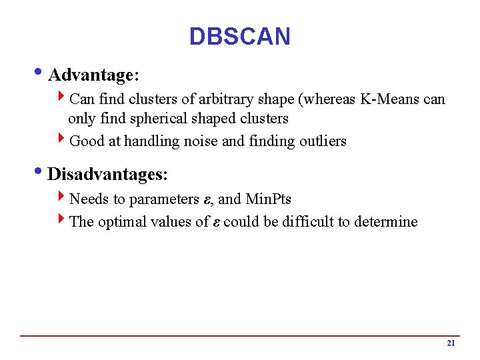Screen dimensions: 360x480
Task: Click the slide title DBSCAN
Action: (x=240, y=36)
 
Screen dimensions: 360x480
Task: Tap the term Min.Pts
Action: (x=268, y=199)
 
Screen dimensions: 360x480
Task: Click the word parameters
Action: (x=164, y=199)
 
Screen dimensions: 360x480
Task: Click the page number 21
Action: (x=451, y=343)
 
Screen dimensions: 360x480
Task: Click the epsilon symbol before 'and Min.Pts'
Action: (x=206, y=200)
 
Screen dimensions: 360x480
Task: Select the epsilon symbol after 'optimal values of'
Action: (x=217, y=223)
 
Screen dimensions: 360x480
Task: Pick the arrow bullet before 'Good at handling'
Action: (x=62, y=141)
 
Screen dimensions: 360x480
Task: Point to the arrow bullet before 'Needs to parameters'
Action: (x=62, y=199)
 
